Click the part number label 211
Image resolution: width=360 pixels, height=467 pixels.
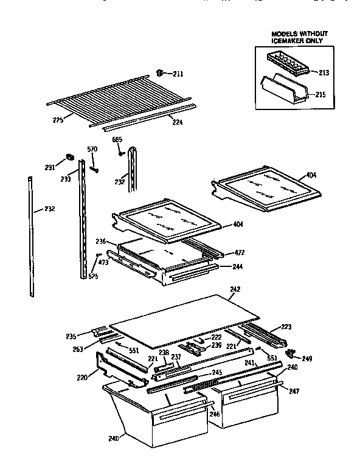[178, 74]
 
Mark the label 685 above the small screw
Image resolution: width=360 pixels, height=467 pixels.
[117, 140]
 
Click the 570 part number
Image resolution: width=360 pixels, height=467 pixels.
[92, 150]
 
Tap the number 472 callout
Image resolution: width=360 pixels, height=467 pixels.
[240, 252]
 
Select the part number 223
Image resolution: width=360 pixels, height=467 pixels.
[286, 327]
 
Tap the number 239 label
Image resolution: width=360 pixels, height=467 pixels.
[216, 345]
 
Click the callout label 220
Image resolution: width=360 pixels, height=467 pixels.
[83, 378]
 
